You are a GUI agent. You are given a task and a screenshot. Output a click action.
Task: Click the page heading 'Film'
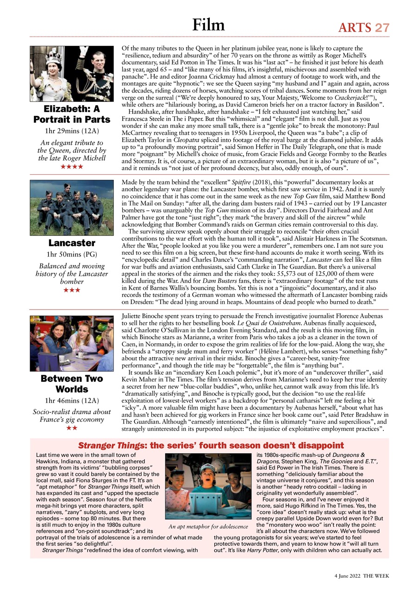click(x=209, y=24)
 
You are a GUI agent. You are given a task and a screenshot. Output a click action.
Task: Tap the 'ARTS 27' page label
click(x=364, y=28)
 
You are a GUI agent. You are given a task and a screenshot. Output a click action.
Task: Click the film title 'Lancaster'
click(x=72, y=243)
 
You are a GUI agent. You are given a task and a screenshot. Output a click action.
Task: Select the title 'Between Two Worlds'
click(x=72, y=384)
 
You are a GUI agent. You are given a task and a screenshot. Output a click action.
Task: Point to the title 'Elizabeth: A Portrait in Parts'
click(x=72, y=114)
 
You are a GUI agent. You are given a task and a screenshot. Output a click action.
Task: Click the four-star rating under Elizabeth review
click(x=72, y=166)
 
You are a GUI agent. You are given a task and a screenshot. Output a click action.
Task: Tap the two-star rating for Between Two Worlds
click(x=72, y=428)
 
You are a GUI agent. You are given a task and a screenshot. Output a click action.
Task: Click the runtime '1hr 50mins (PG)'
click(x=72, y=254)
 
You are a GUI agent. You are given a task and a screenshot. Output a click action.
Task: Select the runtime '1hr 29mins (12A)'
click(x=72, y=131)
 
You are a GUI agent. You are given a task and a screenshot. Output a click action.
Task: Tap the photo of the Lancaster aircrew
click(x=72, y=207)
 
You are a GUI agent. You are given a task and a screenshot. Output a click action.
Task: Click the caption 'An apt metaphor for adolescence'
click(x=208, y=526)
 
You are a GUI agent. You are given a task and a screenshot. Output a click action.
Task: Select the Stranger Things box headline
click(x=211, y=446)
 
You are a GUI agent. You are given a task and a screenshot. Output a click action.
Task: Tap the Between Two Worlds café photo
click(x=72, y=343)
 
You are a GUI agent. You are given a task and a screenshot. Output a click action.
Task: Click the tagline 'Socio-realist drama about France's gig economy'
click(x=72, y=416)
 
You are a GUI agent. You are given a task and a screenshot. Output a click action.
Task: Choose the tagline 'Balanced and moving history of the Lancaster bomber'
click(x=72, y=274)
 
